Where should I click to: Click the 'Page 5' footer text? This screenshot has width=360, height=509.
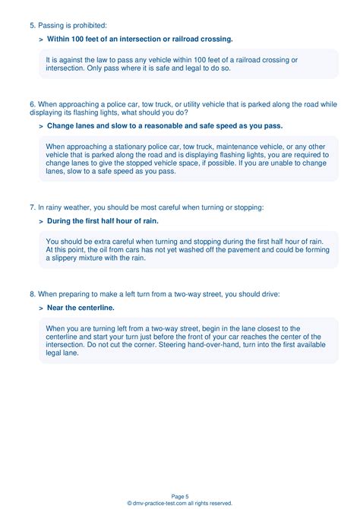pyautogui.click(x=179, y=495)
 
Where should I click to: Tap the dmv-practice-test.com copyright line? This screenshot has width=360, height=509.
pyautogui.click(x=179, y=503)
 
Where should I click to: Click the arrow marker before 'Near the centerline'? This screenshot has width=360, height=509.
pyautogui.click(x=40, y=308)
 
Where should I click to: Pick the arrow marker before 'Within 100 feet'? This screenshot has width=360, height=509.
pyautogui.click(x=40, y=40)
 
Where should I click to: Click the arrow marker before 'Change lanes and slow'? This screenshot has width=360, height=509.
pyautogui.click(x=40, y=126)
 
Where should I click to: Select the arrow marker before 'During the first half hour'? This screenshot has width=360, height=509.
pyautogui.click(x=40, y=221)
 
